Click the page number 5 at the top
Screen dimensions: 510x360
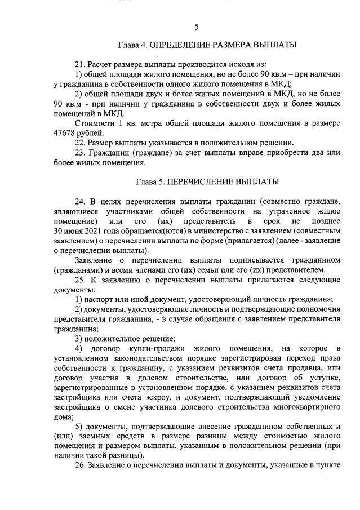tap(196, 26)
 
